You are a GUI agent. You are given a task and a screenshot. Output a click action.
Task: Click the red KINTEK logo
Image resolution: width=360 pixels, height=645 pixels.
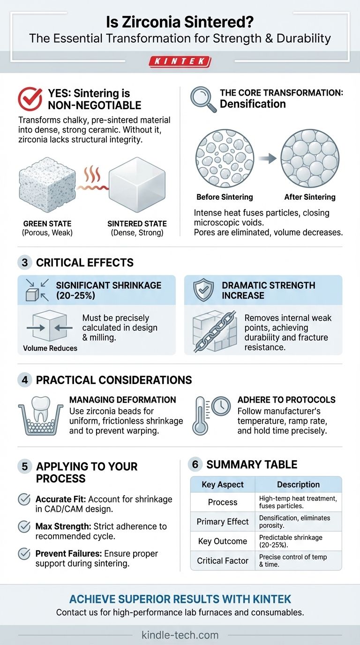coord(180,61)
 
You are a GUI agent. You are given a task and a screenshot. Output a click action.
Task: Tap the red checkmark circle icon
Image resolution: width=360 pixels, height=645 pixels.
coord(30,99)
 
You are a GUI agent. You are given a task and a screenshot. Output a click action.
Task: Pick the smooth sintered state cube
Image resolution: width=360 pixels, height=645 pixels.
coord(137,184)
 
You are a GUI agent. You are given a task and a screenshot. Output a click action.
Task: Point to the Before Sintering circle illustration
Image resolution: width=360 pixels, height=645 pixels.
coord(225,158)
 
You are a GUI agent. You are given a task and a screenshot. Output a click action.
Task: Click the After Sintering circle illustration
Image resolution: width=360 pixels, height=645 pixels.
coord(310,158)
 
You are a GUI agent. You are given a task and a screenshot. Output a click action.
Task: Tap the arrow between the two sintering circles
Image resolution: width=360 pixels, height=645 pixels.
coord(268,158)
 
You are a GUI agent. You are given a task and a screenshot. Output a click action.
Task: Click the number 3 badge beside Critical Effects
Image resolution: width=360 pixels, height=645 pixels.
coord(25,262)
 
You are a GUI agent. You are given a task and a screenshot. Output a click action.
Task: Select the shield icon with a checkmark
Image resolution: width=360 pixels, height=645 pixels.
coord(203,290)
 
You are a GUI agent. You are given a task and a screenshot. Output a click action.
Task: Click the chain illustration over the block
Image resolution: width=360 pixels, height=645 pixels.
coord(215,331)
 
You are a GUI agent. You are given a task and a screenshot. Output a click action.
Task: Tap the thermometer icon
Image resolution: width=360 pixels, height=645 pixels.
coord(201,416)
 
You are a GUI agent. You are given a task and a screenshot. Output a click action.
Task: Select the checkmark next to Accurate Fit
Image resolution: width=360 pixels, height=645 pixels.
coord(24,500)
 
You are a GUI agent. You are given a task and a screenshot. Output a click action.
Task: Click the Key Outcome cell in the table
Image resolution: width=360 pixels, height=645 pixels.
coord(223,541)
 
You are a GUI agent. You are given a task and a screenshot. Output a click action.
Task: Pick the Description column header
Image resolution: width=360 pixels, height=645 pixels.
coord(299,484)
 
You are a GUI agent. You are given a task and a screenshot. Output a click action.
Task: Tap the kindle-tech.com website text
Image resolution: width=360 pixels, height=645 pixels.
coord(180,635)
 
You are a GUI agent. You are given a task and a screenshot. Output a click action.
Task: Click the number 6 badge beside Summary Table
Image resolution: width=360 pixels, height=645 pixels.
coord(195,465)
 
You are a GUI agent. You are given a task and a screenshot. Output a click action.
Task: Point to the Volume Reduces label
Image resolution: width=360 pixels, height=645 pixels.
coord(50,348)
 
